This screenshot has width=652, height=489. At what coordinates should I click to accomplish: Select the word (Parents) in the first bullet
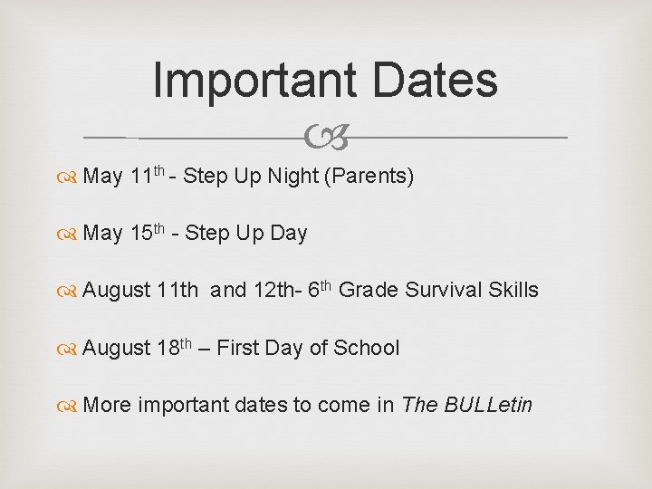[369, 176]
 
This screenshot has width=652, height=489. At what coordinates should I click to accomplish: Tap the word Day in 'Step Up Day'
[289, 234]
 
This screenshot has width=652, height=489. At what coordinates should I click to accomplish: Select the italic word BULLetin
[488, 405]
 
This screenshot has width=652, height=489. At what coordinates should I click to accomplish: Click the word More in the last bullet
[107, 405]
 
